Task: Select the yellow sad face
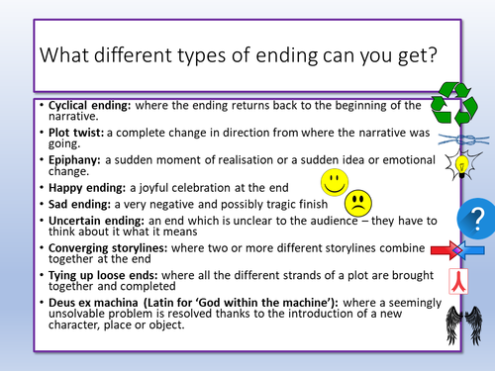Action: point(359,203)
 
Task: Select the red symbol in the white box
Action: point(459,282)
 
